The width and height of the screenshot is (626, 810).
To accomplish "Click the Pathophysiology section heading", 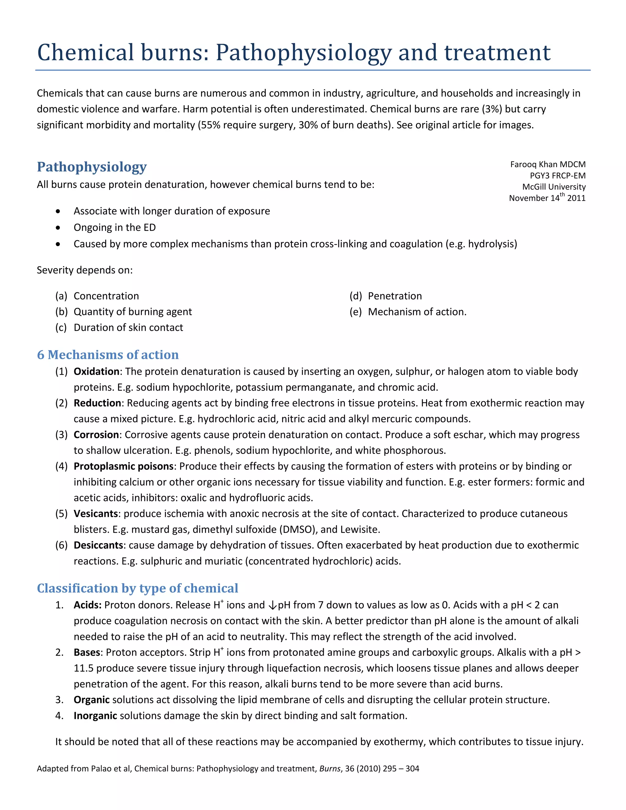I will [92, 167].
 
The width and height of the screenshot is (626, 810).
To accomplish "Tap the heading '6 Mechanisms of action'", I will [108, 355].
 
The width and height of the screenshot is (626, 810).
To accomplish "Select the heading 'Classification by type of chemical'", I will [137, 588].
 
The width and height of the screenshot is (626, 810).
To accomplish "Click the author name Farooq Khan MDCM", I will [547, 164].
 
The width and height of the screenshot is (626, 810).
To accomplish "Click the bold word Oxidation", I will [96, 372].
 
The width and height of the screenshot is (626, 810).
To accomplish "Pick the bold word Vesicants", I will [96, 514].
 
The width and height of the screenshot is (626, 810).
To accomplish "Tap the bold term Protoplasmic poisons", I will [123, 466].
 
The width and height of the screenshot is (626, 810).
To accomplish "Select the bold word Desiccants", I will [98, 545].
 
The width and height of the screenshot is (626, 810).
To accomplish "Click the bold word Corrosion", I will [96, 435].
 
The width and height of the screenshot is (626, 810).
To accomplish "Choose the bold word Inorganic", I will [95, 716].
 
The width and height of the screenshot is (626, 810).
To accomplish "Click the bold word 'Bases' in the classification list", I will [87, 652].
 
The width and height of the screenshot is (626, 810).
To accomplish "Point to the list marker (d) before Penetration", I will [356, 296].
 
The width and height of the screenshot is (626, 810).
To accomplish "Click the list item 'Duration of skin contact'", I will [128, 327].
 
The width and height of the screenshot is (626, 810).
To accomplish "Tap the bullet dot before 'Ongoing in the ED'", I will [58, 228].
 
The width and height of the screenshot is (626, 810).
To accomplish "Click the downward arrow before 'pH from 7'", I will [272, 606].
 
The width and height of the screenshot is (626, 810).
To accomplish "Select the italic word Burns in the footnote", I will [330, 769].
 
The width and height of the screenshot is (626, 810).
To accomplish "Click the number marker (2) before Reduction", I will [61, 403].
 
